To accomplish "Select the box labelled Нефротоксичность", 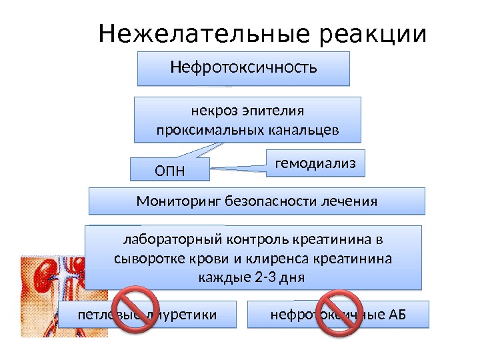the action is (x=243, y=69).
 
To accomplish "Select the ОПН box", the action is (x=168, y=171).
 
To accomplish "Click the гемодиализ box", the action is (x=316, y=162).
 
